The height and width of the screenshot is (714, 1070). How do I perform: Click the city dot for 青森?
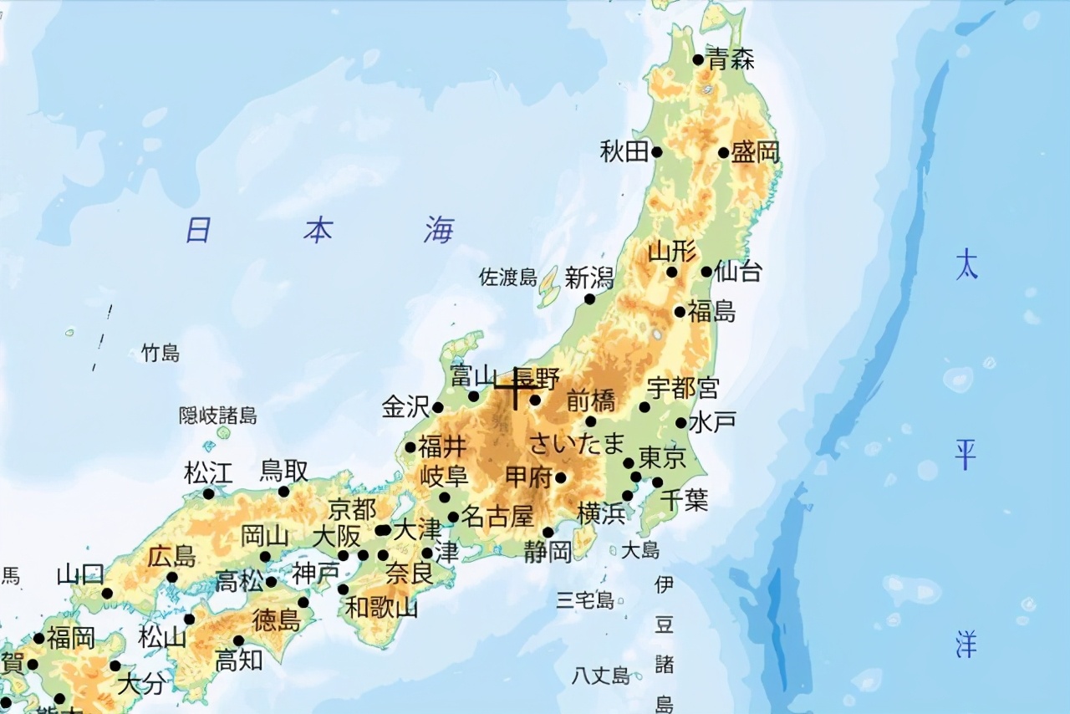click(698, 59)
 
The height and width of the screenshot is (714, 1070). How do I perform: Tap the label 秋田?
click(624, 151)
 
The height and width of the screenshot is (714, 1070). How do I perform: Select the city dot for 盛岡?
click(723, 152)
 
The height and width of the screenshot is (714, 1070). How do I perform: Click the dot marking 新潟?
click(589, 299)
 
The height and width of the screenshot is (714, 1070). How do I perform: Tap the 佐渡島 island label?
click(507, 278)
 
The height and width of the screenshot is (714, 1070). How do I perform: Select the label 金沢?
click(405, 407)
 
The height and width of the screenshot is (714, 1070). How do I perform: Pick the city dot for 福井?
click(410, 447)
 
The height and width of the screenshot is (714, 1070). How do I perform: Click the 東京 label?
click(662, 457)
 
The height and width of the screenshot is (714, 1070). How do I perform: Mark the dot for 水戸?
click(681, 423)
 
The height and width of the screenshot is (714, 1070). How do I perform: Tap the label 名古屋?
click(497, 516)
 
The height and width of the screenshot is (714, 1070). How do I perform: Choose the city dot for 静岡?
click(548, 533)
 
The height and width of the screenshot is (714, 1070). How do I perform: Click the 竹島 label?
click(160, 353)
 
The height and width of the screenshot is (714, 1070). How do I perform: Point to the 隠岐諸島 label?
click(218, 416)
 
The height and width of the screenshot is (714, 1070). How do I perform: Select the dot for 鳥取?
click(283, 492)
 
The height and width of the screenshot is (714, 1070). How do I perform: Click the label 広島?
click(171, 556)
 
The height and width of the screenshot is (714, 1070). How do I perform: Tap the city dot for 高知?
click(238, 641)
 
